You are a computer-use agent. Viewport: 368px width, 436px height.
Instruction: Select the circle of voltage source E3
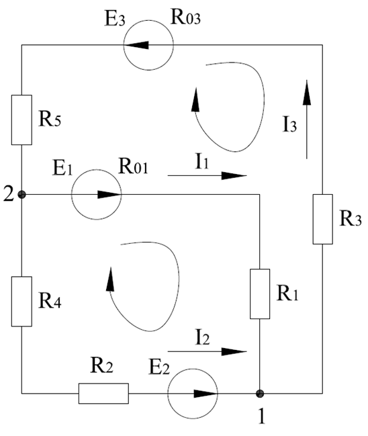tap(148, 19)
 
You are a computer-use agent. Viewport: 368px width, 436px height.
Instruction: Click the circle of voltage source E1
tap(97, 169)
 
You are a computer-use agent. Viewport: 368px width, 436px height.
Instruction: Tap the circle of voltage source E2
tap(193, 369)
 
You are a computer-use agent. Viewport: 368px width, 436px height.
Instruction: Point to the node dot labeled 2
tap(21, 194)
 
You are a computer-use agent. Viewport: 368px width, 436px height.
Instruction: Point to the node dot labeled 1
tap(260, 394)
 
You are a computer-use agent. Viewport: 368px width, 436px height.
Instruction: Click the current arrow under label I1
tap(208, 175)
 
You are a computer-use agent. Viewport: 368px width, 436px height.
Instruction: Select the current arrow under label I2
tap(208, 351)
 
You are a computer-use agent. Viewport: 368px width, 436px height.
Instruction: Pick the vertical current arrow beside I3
tap(307, 120)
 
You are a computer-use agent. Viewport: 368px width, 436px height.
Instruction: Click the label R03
tap(185, 17)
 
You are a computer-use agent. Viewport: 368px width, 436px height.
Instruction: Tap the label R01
tap(133, 167)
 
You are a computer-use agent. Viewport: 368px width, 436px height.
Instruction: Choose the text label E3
tap(115, 19)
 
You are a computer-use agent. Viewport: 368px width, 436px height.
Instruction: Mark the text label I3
tap(289, 124)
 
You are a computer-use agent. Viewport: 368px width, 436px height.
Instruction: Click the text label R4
tap(50, 301)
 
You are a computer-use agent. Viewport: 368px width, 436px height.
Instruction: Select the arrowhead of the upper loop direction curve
tap(195, 99)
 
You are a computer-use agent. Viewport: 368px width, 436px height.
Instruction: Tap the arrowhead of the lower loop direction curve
tap(111, 279)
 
